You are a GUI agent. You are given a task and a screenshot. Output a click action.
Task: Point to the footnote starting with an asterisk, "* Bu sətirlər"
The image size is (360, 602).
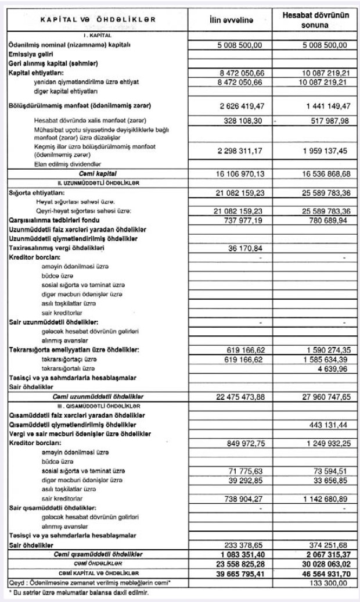pyautogui.click(x=75, y=594)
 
